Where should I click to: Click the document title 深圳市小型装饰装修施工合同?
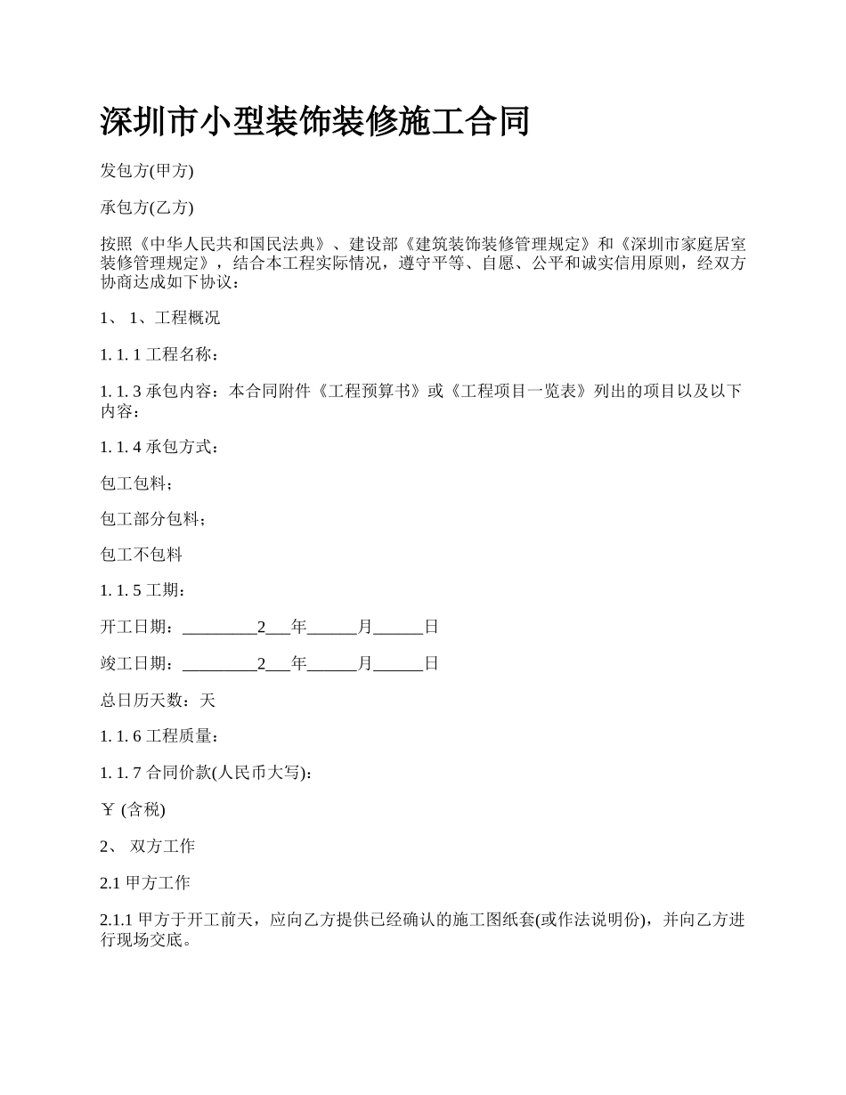pyautogui.click(x=314, y=122)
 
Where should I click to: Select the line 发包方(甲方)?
pyautogui.click(x=147, y=170)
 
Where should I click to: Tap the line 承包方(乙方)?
pyautogui.click(x=147, y=207)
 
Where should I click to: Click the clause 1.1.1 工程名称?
pyautogui.click(x=159, y=354)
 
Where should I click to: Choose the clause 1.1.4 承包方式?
pyautogui.click(x=159, y=446)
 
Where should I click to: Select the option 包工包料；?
pyautogui.click(x=137, y=483)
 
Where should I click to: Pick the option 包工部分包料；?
pyautogui.click(x=153, y=518)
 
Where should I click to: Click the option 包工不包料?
pyautogui.click(x=142, y=555)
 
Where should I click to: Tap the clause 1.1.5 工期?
pyautogui.click(x=143, y=590)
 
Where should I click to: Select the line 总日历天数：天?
pyautogui.click(x=158, y=700)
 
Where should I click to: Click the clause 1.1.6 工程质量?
pyautogui.click(x=159, y=736)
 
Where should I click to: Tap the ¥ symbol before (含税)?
pyautogui.click(x=108, y=809)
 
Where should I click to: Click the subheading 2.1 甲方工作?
pyautogui.click(x=145, y=882)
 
